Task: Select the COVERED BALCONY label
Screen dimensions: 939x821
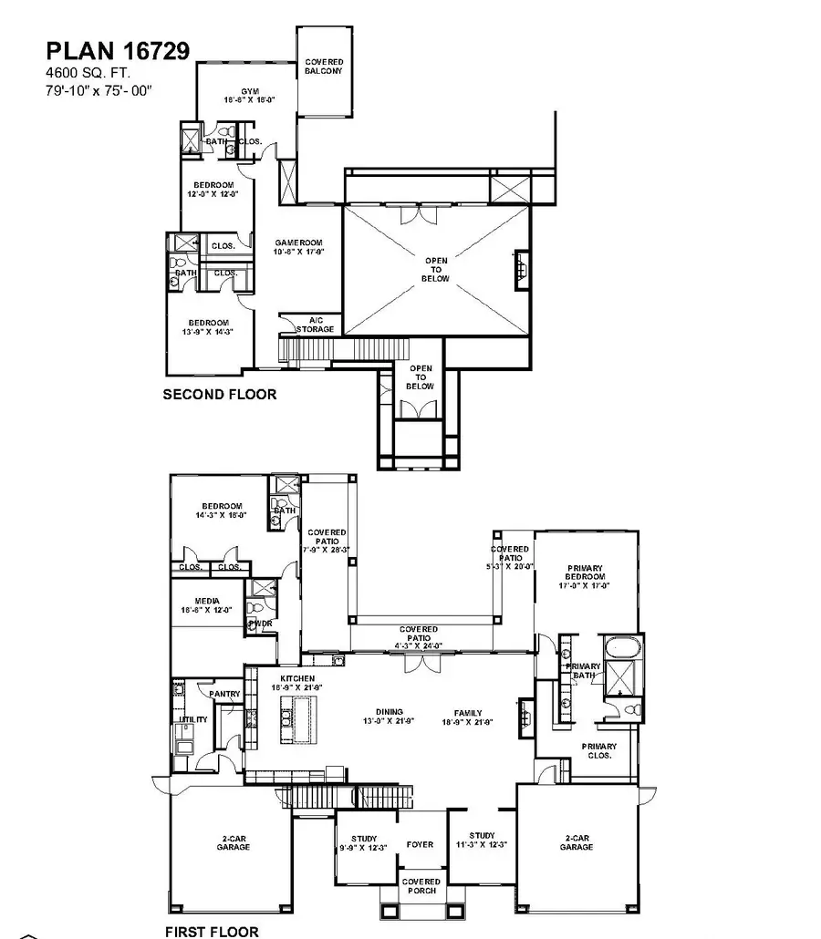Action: coord(323,66)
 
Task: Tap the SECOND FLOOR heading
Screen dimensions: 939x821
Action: coord(219,395)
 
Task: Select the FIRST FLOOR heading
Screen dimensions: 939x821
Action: coord(212,931)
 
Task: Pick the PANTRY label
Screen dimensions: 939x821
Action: coord(224,694)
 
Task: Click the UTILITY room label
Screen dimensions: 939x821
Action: coord(192,719)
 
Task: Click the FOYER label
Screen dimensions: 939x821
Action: coord(420,844)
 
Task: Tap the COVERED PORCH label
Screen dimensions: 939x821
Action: coord(421,886)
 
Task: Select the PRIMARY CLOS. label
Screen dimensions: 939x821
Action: coord(599,751)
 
